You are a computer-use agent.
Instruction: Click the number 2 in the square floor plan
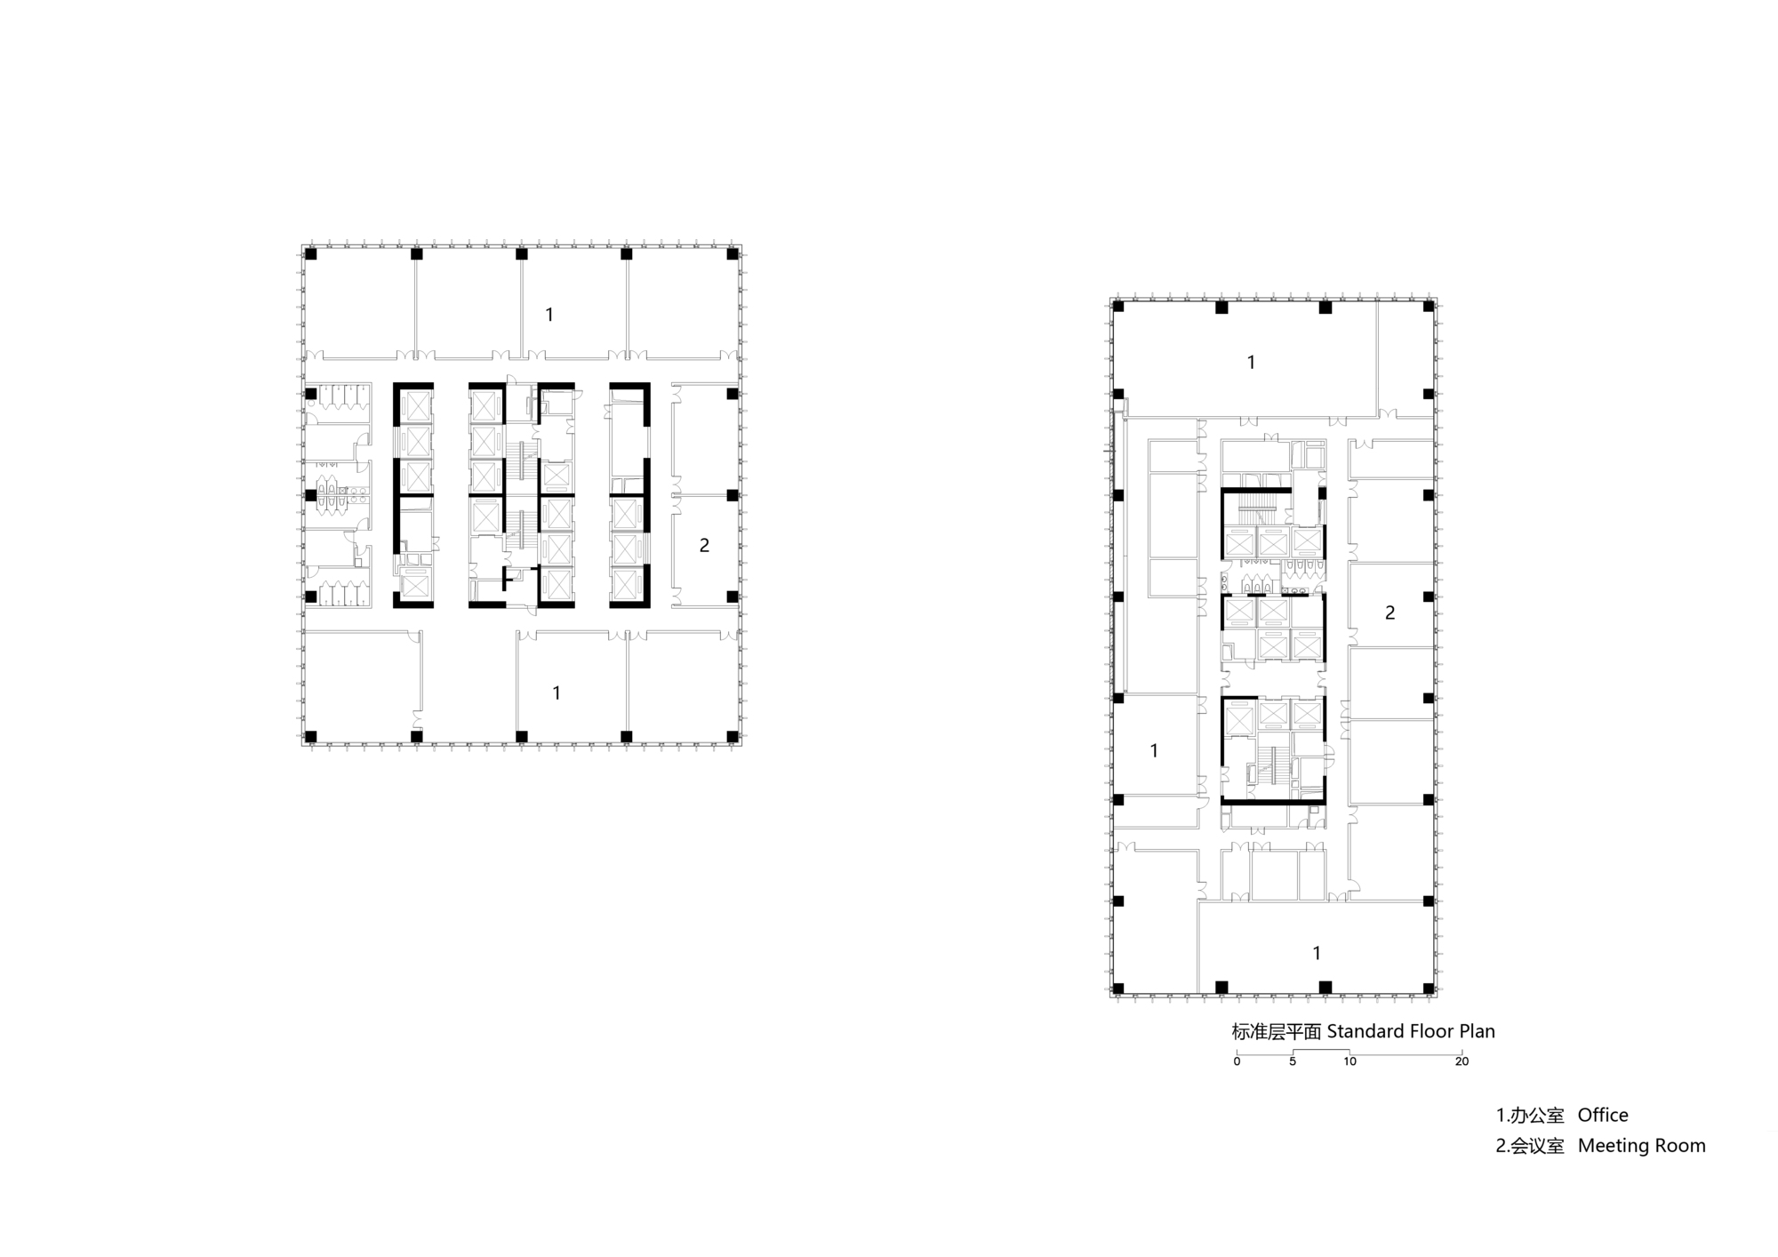coord(704,546)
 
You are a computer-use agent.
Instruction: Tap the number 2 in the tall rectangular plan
coord(1390,612)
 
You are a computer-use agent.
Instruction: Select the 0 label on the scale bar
coord(1237,1061)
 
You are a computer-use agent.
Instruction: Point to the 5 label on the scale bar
coord(1293,1061)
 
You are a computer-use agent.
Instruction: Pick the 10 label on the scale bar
coord(1350,1061)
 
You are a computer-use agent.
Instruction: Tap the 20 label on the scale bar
coord(1462,1061)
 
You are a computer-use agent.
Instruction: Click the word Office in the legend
coord(1603,1115)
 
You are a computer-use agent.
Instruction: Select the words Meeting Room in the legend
coord(1641,1146)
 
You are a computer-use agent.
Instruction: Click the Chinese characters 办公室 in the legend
coord(1537,1116)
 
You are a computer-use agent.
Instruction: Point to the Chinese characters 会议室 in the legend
coord(1537,1146)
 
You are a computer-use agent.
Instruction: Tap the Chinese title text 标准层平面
coord(1277,1032)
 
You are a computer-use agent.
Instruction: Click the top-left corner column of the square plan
coord(311,254)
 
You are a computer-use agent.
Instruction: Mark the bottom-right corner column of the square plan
coord(733,736)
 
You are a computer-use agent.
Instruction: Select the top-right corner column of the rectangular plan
coord(1429,307)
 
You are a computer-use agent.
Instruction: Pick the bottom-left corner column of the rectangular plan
coord(1118,988)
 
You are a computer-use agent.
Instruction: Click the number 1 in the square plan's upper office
coord(549,315)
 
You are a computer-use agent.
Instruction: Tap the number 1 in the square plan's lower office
coord(557,693)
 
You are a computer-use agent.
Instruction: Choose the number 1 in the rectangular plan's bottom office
coord(1317,954)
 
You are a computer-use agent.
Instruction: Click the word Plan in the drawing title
coord(1477,1031)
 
